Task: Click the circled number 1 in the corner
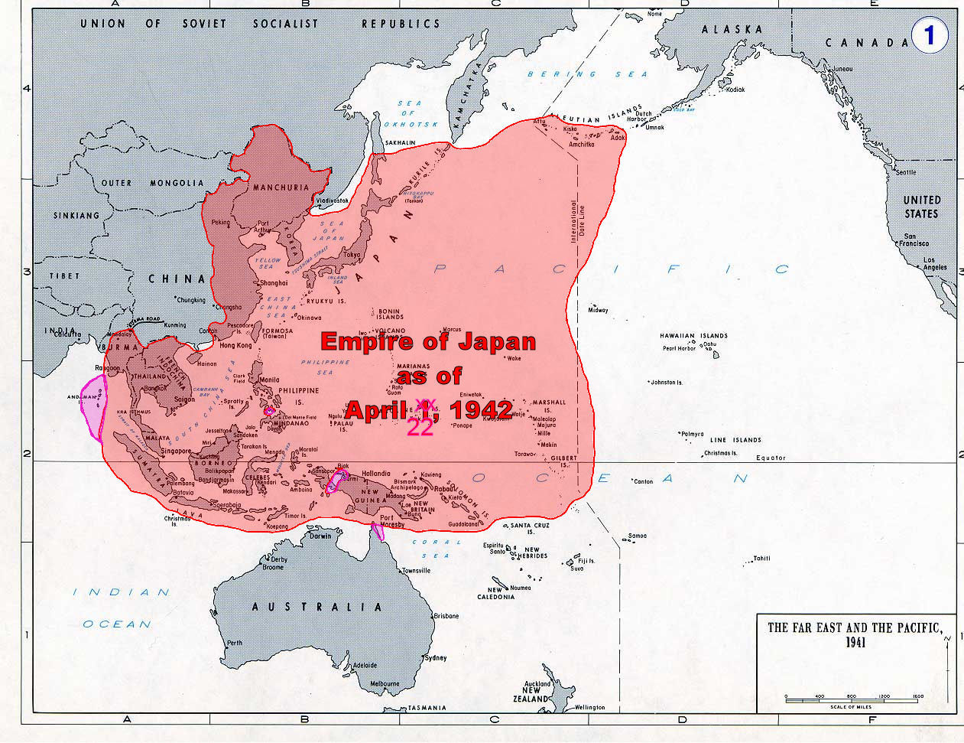[930, 35]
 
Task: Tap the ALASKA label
[732, 29]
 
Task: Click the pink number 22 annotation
[420, 428]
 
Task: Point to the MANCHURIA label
[281, 187]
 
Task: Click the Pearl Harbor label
[680, 348]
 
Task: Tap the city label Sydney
[436, 657]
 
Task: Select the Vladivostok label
[332, 200]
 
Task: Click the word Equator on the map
[770, 458]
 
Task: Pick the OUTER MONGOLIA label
[153, 183]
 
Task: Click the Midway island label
[598, 310]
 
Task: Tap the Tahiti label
[761, 558]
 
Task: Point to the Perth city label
[235, 642]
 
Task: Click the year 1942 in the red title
[481, 409]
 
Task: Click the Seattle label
[905, 172]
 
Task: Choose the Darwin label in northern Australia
[320, 536]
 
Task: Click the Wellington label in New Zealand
[589, 707]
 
